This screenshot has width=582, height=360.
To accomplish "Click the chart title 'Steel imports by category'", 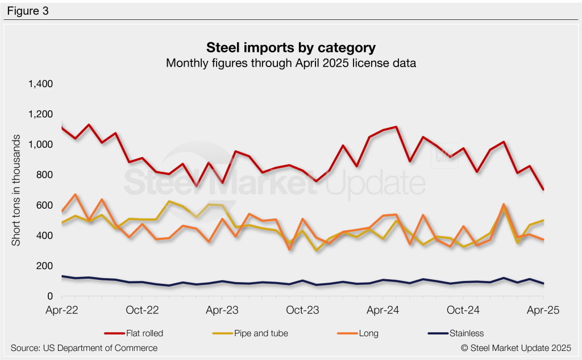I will (290, 47).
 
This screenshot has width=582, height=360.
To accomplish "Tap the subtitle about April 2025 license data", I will (290, 63).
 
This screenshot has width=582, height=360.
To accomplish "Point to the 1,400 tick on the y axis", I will (40, 84).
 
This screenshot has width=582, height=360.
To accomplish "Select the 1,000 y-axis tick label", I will (40, 144).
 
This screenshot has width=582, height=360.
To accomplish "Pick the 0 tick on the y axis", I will (49, 296).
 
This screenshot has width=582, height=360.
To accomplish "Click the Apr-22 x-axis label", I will (61, 311).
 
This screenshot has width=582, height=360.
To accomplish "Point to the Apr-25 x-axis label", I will (543, 311).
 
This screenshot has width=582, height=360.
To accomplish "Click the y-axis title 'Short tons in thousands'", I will (17, 190).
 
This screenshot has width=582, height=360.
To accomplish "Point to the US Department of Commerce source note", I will (84, 347).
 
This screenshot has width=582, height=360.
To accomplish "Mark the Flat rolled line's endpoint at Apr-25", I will (543, 189).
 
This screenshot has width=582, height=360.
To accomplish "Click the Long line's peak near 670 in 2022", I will (76, 195).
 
